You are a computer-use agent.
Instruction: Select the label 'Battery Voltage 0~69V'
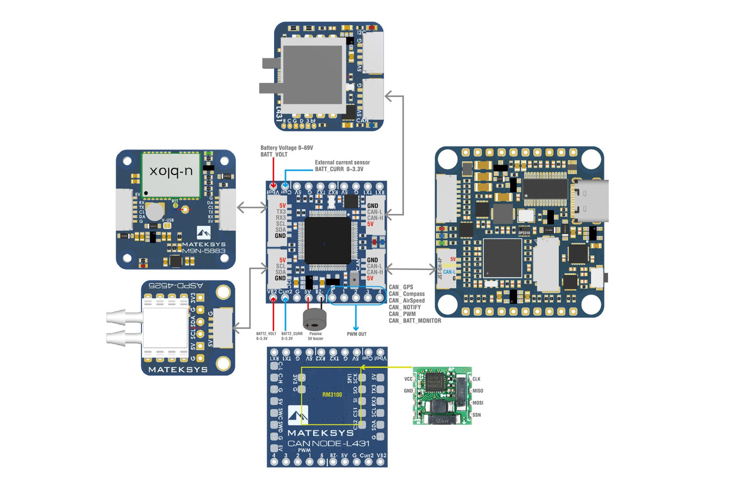[287, 148]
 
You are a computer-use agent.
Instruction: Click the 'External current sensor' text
[342, 162]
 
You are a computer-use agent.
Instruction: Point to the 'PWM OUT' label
[357, 334]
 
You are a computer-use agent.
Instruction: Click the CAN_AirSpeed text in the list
[406, 300]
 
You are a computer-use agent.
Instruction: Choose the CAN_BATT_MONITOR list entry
[414, 321]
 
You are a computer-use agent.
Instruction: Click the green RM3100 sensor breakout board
[441, 396]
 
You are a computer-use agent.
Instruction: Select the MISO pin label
[477, 391]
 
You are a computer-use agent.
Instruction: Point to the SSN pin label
[476, 415]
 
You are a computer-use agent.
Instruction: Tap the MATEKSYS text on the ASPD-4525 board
[178, 369]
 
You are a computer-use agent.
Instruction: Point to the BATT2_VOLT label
[266, 334]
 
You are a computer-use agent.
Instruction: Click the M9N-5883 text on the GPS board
[204, 251]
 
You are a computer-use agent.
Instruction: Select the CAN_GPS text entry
[401, 287]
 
